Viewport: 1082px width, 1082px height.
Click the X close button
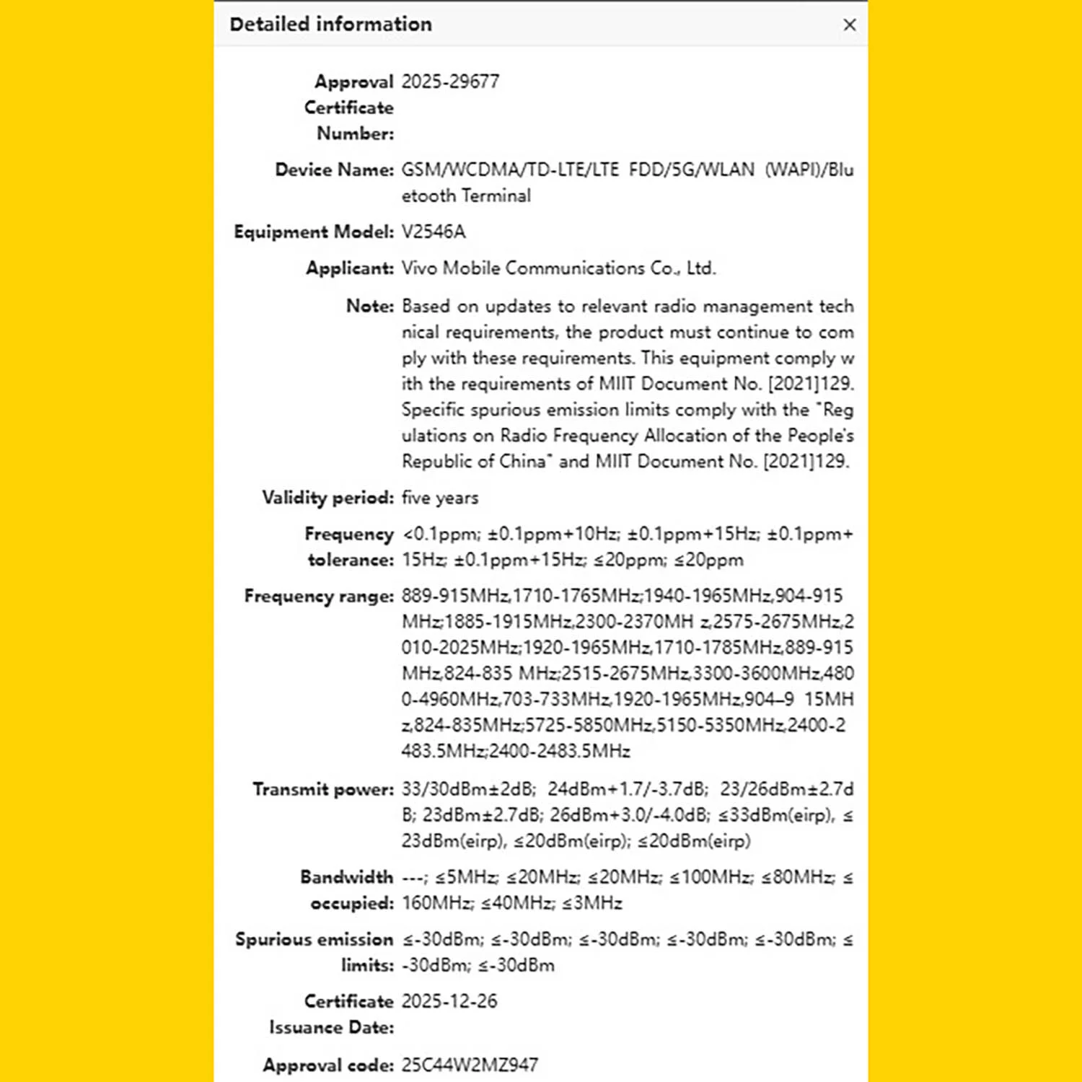coord(849,25)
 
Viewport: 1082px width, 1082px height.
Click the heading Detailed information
coord(330,25)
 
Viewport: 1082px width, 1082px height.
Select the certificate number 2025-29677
coord(450,82)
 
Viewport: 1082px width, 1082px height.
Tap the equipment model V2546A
coord(434,232)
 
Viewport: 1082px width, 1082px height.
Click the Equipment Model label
coord(314,232)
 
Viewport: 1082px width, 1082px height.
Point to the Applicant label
coord(350,268)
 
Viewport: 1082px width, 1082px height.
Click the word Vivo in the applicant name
coord(419,268)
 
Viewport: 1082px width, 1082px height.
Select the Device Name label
coord(334,170)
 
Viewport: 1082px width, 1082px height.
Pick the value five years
coord(440,498)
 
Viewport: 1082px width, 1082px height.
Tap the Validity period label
coord(327,498)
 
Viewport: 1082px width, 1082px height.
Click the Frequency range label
coord(319,596)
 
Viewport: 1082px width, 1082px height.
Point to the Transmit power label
coord(323,789)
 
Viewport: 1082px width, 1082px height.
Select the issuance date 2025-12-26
coord(449,1001)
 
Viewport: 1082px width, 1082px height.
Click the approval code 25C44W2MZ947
coord(470,1065)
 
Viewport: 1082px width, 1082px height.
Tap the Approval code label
coord(328,1065)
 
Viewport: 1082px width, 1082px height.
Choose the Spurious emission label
coord(314,939)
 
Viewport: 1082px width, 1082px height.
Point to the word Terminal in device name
coord(496,195)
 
